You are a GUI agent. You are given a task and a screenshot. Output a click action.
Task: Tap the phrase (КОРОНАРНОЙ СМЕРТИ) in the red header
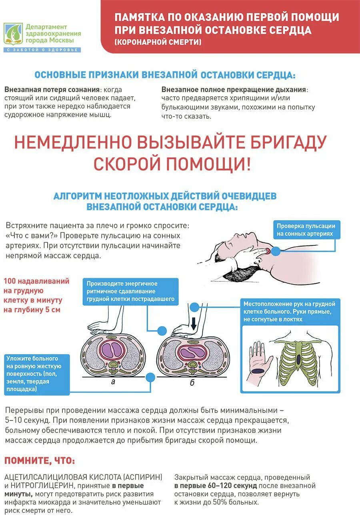[x=158, y=42]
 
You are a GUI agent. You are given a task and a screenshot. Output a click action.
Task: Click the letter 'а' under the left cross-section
[x=113, y=382]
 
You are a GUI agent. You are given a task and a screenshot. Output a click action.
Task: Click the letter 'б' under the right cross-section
[x=192, y=383]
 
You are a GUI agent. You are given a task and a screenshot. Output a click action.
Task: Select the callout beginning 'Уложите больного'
[x=36, y=374]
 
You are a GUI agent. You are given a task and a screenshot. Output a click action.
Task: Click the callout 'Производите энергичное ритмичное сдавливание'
[x=130, y=291]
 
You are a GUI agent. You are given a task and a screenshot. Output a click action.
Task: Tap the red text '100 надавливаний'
[x=36, y=281]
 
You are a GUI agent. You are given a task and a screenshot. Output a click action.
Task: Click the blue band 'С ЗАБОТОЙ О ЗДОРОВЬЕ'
[x=42, y=50]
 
